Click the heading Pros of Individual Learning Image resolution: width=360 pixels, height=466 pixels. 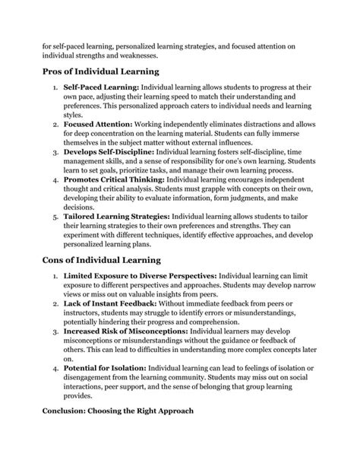point(101,72)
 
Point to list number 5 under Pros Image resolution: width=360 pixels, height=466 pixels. point(55,215)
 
